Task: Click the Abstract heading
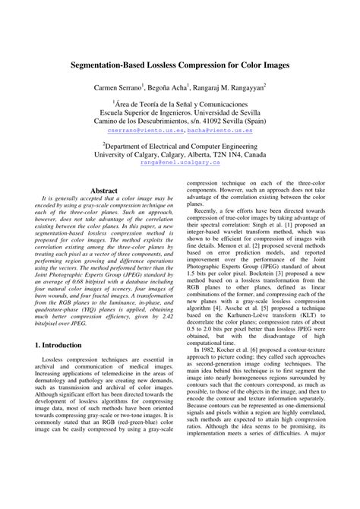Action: (x=104, y=191)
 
